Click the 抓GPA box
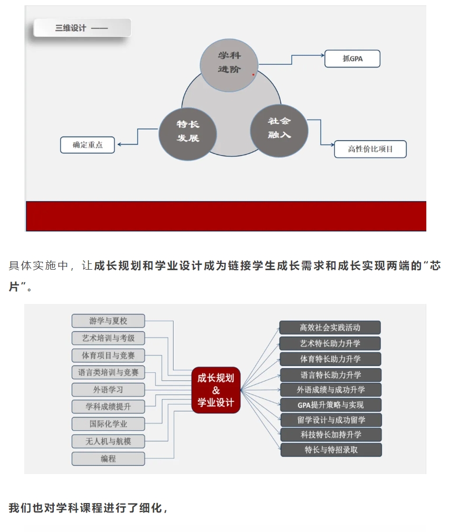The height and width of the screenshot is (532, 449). tap(352, 58)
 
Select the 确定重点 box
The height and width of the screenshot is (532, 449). tap(88, 145)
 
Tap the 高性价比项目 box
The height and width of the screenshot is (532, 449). tap(370, 149)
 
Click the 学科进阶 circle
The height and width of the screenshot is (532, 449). tap(229, 65)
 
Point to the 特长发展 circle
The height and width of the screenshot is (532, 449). tap(188, 134)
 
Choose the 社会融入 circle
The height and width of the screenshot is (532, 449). tap(279, 131)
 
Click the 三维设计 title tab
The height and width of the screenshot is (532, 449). tap(82, 28)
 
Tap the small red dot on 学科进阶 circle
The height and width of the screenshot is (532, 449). tap(253, 75)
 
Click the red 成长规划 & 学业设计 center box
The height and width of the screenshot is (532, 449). tap(216, 390)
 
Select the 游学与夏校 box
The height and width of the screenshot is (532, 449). tap(108, 321)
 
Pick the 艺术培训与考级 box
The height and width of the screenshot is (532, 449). tap(108, 338)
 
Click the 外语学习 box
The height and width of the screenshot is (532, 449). tap(108, 389)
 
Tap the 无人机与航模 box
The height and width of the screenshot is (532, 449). tap(108, 441)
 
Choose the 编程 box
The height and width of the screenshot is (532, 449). tap(108, 459)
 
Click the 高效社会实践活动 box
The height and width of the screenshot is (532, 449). tap(330, 328)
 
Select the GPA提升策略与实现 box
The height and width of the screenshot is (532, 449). tap(331, 405)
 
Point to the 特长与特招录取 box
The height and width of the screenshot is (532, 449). tap(331, 450)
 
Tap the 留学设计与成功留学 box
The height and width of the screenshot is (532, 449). tap(331, 420)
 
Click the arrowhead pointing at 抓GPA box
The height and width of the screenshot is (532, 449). tap(322, 55)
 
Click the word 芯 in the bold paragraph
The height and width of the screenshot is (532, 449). tap(435, 265)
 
